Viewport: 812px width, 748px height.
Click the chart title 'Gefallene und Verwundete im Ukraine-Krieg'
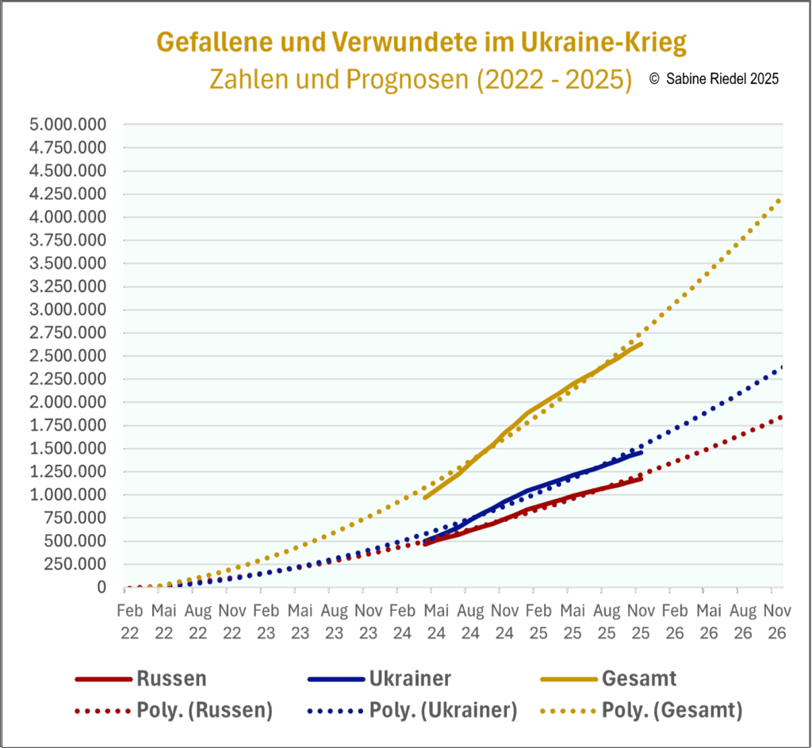click(421, 43)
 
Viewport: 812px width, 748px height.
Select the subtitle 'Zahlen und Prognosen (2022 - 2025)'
click(419, 79)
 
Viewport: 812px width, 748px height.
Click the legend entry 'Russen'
click(170, 679)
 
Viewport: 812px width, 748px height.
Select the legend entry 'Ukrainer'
click(409, 679)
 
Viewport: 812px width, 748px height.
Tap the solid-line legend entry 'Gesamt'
click(638, 679)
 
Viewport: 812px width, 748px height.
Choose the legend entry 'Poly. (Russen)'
click(204, 711)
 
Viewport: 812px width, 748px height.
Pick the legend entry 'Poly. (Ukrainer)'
click(442, 711)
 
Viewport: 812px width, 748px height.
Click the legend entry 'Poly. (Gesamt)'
click(672, 711)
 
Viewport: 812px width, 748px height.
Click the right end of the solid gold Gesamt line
click(642, 343)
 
